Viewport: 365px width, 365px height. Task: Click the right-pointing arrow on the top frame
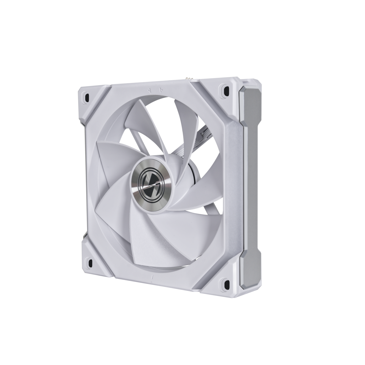point(161,90)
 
